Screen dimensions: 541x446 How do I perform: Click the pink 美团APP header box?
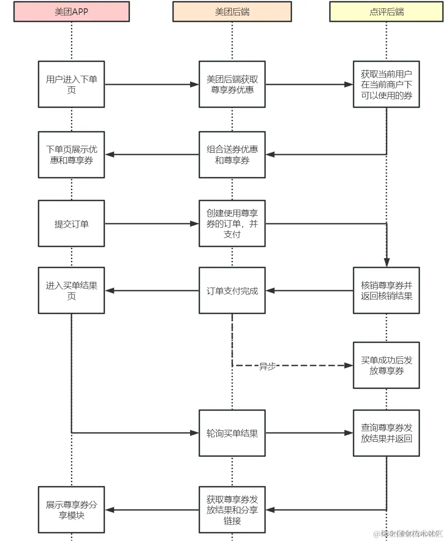click(x=71, y=12)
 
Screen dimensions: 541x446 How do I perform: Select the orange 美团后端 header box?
click(x=232, y=12)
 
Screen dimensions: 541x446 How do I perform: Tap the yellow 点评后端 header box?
click(x=386, y=12)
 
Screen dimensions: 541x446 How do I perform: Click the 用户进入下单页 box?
click(x=71, y=84)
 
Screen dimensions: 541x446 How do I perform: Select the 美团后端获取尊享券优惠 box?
click(x=232, y=84)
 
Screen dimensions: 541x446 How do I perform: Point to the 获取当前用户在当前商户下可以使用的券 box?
click(x=386, y=84)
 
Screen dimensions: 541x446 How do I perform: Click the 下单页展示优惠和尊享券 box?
click(x=71, y=155)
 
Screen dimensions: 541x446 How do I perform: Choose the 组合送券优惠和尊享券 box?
click(x=232, y=155)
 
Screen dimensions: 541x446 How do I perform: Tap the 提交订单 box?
click(x=71, y=224)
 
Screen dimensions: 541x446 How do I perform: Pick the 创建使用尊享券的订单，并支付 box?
click(x=232, y=224)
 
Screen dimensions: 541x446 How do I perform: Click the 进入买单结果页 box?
click(x=71, y=291)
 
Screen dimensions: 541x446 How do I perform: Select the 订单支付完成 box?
click(x=232, y=291)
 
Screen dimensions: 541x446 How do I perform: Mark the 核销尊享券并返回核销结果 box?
click(x=386, y=291)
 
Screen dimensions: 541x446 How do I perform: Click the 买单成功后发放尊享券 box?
click(x=386, y=365)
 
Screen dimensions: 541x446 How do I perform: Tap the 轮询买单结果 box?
click(x=232, y=433)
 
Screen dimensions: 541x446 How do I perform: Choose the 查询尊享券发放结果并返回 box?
click(x=386, y=433)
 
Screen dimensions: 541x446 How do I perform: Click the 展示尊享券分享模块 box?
click(x=71, y=510)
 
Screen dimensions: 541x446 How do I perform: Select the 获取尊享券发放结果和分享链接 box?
click(x=232, y=510)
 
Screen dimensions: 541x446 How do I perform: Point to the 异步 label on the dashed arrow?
click(x=267, y=366)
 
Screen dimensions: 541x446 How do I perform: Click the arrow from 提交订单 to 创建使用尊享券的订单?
click(x=152, y=224)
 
